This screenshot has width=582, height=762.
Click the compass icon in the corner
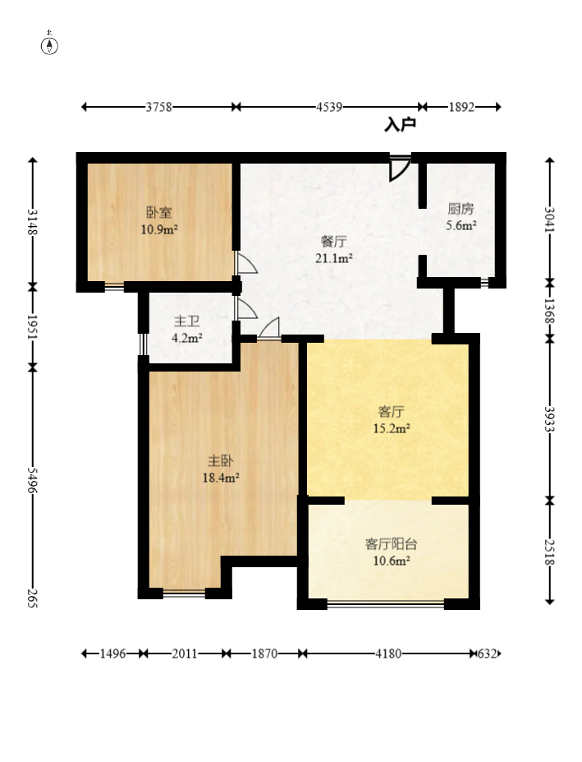tap(50, 44)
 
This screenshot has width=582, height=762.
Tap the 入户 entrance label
tap(400, 125)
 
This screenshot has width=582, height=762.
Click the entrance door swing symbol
tap(399, 168)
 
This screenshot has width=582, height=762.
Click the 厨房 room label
tap(461, 209)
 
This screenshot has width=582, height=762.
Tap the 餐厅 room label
tap(333, 242)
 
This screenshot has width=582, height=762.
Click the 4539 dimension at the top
tap(328, 107)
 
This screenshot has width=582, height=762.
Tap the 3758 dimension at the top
tap(158, 107)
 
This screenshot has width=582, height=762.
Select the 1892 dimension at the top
tap(461, 107)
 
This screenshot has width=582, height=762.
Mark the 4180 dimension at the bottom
tap(388, 654)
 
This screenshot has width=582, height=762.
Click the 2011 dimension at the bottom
tap(185, 654)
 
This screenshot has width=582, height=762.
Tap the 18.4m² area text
tap(219, 477)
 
